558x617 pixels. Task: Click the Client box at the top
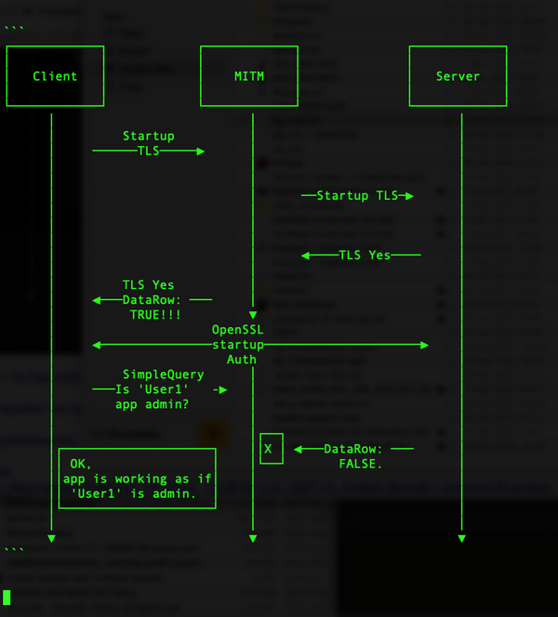[55, 76]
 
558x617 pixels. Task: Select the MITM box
[249, 76]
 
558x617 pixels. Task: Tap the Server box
[458, 76]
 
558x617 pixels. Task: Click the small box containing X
[271, 449]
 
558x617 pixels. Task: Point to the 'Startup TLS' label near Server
[357, 196]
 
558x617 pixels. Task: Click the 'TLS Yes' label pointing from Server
[365, 255]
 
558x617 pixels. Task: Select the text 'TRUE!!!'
[155, 316]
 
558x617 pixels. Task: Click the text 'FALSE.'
[361, 463]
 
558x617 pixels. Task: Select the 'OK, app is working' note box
[138, 478]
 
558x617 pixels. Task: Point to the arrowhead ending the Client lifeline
[51, 538]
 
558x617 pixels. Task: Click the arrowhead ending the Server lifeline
[461, 538]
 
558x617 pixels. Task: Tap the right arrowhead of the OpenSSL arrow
[424, 345]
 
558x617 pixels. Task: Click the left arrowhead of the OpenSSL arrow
[96, 345]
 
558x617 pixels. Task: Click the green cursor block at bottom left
[7, 597]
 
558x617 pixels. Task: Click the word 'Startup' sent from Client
[148, 137]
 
